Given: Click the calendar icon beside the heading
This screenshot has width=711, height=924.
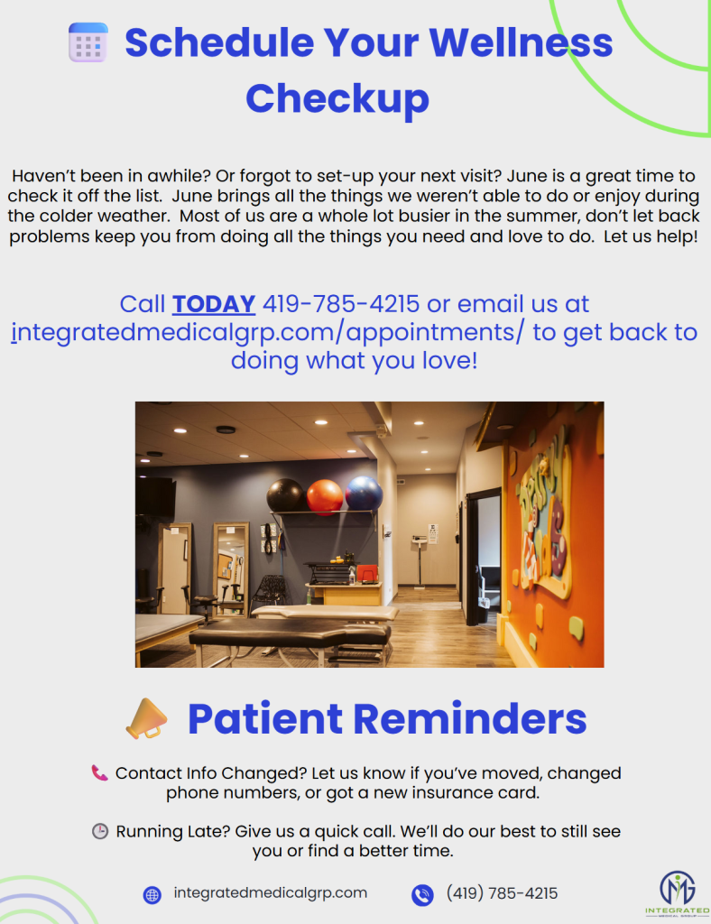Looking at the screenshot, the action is [x=88, y=42].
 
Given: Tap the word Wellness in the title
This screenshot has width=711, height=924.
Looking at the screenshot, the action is [x=521, y=43].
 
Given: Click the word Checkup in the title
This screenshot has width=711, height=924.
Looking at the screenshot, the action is [x=337, y=99].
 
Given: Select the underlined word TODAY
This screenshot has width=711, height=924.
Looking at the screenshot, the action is [x=214, y=304].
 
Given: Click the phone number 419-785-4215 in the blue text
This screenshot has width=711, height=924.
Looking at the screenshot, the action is [x=341, y=304].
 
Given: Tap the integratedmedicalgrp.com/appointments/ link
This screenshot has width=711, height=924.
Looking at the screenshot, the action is [x=267, y=332].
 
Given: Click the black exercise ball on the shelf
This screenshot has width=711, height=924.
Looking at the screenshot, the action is [x=286, y=495].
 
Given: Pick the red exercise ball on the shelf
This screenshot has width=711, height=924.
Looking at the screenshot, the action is [x=325, y=496].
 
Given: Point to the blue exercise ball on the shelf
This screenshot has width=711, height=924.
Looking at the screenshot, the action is [x=364, y=493].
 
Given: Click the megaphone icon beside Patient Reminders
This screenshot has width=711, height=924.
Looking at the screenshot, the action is [x=146, y=718].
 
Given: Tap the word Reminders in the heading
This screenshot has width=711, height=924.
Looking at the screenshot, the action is [x=469, y=719].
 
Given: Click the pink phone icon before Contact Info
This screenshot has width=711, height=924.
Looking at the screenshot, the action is [x=99, y=773].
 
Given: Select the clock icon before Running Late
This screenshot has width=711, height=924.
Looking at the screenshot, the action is [x=100, y=831].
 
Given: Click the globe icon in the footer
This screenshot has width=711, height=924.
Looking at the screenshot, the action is [x=152, y=894].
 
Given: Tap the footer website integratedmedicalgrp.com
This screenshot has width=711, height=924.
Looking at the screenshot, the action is [x=271, y=892].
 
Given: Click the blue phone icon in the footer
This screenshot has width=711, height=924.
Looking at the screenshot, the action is [x=422, y=894].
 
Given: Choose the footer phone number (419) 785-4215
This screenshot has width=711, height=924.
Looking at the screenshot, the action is [x=502, y=893].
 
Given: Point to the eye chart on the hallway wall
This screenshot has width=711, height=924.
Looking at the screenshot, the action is [x=433, y=534].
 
